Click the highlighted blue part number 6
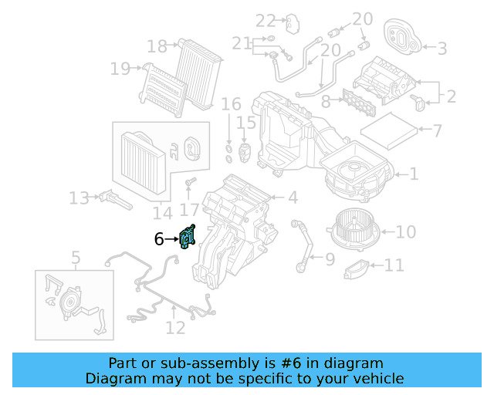click(187, 238)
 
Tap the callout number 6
click(159, 240)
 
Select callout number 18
click(157, 47)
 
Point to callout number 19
click(120, 69)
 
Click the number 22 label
click(266, 20)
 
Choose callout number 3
click(442, 49)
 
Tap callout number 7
click(437, 131)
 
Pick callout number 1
click(414, 174)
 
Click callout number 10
click(406, 231)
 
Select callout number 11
click(394, 266)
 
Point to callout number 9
click(330, 259)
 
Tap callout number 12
click(175, 328)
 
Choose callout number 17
click(189, 209)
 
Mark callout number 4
click(293, 198)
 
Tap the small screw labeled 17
click(190, 182)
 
